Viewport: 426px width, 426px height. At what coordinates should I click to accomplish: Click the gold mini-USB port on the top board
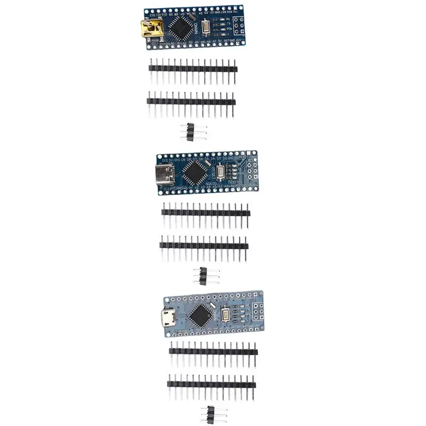[x=150, y=29]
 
